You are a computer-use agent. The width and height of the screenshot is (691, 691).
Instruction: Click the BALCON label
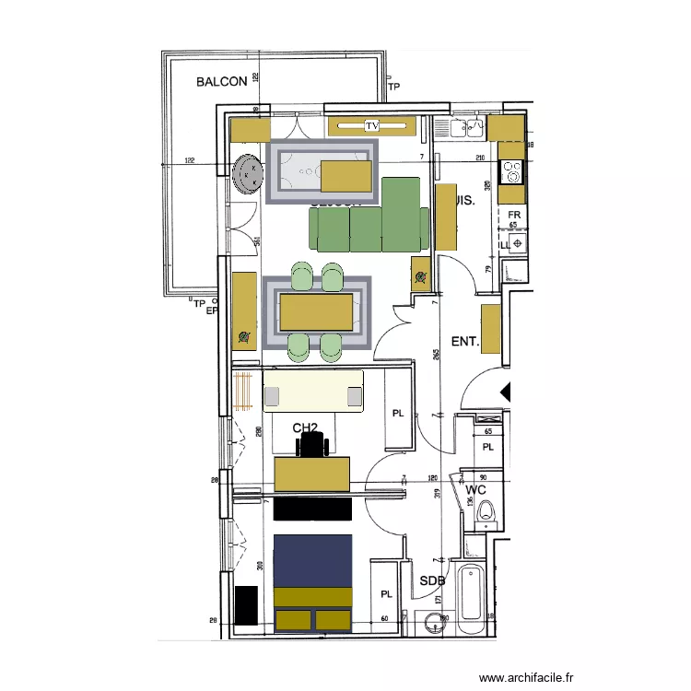click(221, 81)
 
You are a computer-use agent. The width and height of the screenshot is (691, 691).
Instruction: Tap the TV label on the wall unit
click(372, 125)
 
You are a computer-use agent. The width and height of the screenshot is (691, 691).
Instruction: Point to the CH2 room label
click(305, 427)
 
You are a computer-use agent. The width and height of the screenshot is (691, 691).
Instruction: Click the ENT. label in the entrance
click(465, 342)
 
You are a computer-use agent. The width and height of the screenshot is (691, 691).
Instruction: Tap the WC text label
click(475, 489)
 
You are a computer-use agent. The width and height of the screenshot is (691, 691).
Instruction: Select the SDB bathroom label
click(432, 581)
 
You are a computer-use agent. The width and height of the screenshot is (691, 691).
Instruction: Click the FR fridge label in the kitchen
click(514, 216)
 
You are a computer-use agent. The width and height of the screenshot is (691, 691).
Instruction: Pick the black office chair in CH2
click(313, 446)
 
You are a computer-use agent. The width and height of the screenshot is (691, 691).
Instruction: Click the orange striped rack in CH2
click(244, 391)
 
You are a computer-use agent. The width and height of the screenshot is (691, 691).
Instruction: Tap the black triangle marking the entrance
click(505, 391)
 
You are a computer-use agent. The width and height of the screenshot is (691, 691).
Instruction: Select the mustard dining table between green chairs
click(318, 310)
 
